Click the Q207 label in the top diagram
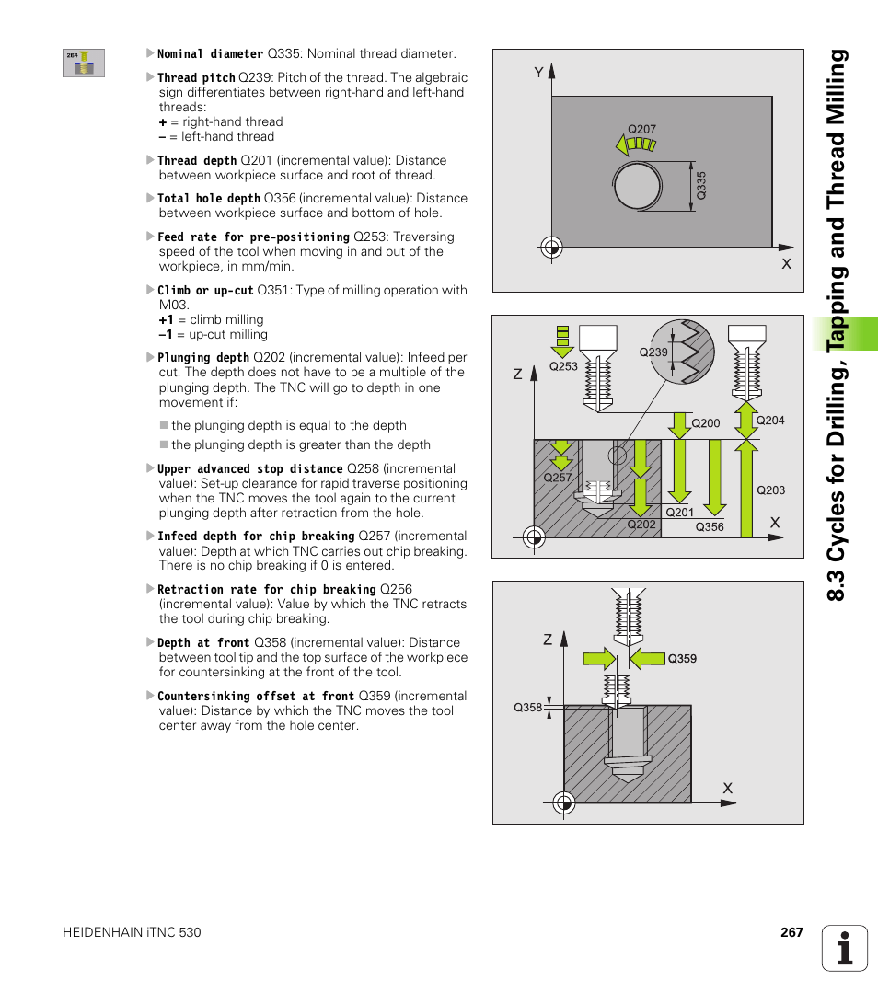pos(641,130)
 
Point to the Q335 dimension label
pos(700,187)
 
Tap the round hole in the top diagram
pos(636,187)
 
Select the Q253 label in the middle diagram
pos(563,366)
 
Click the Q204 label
pos(769,421)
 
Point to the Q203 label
pos(770,490)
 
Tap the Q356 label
pos(709,527)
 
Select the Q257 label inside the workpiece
pos(557,479)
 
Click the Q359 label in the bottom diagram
pos(682,659)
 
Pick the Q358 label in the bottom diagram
pos(527,708)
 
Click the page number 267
pos(791,932)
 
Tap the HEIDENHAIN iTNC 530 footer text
pos(132,932)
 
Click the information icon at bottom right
pos(845,948)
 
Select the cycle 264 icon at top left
pos(84,63)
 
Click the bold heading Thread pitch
pos(196,78)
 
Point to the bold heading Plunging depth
pos(202,358)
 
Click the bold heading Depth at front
pos(202,643)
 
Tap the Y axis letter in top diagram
pos(539,71)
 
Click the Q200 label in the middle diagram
pos(705,423)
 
